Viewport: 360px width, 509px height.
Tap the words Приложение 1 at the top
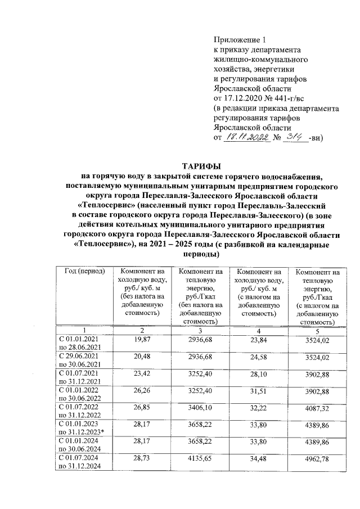click(x=239, y=39)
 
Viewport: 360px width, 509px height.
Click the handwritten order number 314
click(x=293, y=137)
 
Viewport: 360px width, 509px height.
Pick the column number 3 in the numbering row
click(x=200, y=329)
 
